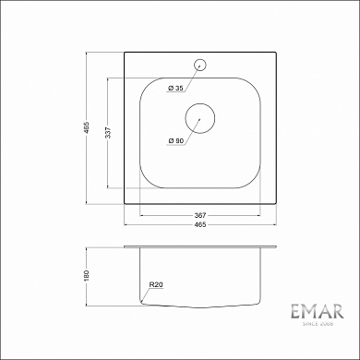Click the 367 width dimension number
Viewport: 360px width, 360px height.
click(199, 214)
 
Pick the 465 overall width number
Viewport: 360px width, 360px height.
click(199, 226)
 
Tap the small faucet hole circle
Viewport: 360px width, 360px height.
click(199, 65)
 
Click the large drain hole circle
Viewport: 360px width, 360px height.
click(199, 118)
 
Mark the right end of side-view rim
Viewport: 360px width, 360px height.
click(275, 246)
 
